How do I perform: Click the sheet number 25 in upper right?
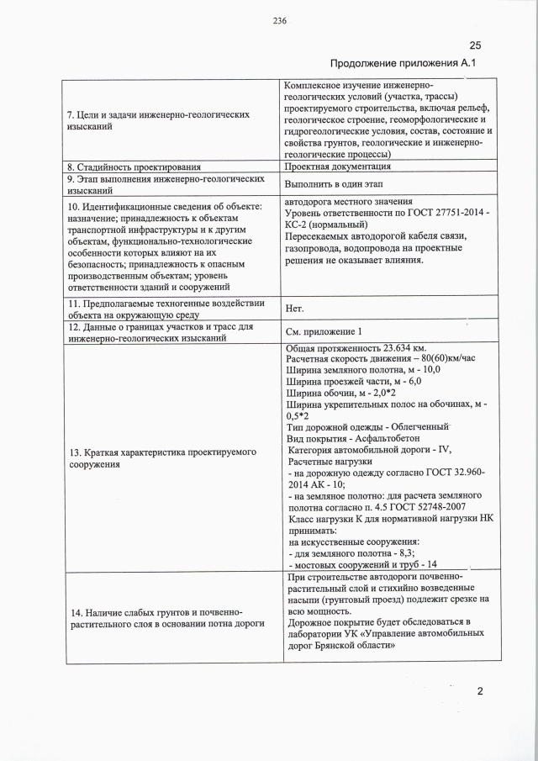point(475,45)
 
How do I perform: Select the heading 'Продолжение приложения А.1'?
point(403,63)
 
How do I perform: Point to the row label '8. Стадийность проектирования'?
point(133,166)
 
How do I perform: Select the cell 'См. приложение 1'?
point(324,331)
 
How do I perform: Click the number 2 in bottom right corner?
point(480,692)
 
